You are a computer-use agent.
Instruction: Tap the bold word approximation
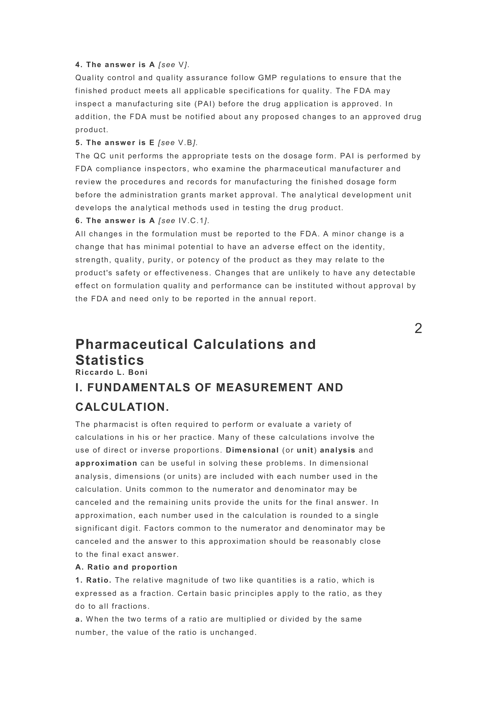pos(106,463)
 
